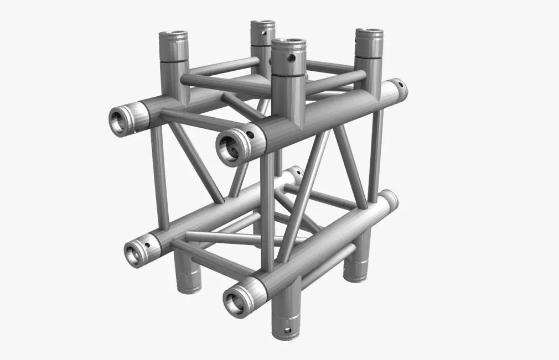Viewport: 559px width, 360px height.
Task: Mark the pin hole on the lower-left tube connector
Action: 148,242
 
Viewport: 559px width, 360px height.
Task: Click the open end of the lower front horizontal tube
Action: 234,300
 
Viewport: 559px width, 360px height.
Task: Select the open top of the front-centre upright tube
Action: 289,43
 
